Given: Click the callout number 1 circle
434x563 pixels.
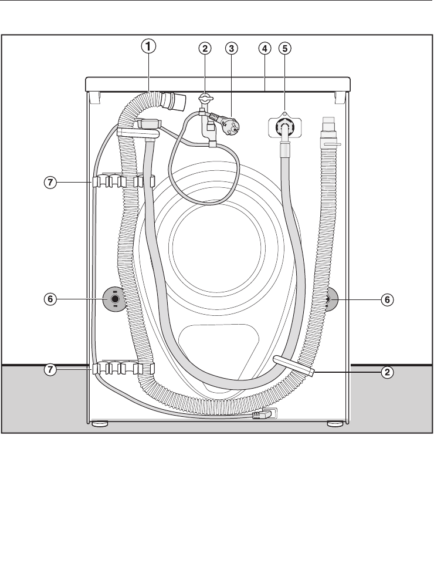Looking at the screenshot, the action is click(148, 46).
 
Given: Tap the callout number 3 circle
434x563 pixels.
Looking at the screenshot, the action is click(232, 48).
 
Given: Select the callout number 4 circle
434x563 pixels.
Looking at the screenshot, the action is click(265, 48).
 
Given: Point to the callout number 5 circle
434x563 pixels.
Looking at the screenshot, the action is click(285, 48).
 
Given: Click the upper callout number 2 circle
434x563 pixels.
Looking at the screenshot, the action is click(205, 48).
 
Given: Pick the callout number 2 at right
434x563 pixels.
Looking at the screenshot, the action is click(387, 372).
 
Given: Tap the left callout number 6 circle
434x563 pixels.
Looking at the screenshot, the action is click(50, 299).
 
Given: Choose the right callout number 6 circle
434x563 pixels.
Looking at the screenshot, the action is click(387, 299).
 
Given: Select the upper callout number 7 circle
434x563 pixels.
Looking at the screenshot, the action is click(50, 183).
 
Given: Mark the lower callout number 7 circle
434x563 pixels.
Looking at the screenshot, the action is click(50, 369).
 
